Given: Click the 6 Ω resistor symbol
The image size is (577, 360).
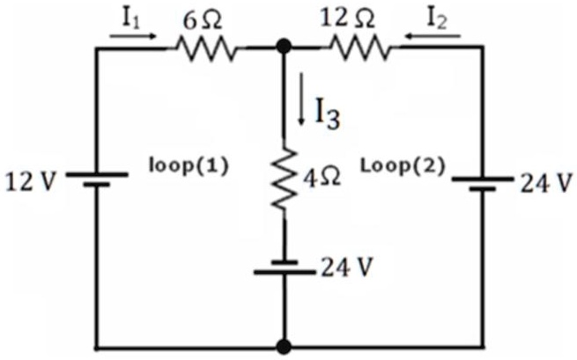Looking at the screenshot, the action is coord(207,48).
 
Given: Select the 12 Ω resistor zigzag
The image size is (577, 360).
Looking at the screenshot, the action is coord(360,48).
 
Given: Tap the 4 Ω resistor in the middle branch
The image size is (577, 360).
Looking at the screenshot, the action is coord(284,180).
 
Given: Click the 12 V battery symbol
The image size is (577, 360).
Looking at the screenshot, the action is coord(97,180).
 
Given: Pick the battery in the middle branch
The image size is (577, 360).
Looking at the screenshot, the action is coord(285,268).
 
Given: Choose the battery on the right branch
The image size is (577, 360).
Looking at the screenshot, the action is coord(483,184).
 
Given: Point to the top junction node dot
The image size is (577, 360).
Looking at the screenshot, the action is coord(284,47).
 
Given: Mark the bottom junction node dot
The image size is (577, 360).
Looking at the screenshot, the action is coord(284,347).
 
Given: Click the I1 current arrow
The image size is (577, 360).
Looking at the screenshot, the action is coord(133,36).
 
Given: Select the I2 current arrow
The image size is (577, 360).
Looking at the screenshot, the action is coord(432,36).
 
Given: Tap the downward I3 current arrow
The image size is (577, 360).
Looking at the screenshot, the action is coord(301,99).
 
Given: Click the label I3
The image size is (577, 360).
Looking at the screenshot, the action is coord(328,114).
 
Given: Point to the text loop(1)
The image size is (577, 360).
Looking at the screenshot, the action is coord(189,165).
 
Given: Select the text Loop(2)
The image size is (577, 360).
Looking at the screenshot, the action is coord(403,165).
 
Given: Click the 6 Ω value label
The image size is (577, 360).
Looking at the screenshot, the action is coord(203,21).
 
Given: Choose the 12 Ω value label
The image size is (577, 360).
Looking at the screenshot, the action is coord(347,18).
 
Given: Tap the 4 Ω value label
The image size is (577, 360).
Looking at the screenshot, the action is coord(322,179).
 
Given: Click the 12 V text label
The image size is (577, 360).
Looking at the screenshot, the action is coord(32,181).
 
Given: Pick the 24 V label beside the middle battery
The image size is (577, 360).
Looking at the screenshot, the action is coord(347,267).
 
